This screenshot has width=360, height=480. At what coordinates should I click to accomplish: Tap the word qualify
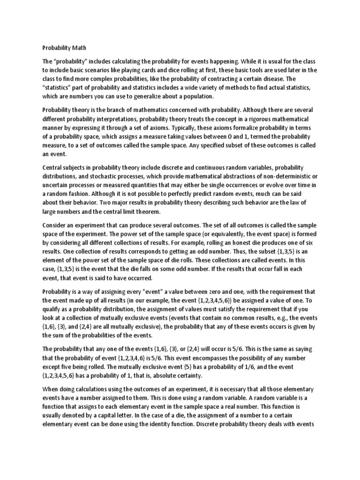(55, 308)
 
